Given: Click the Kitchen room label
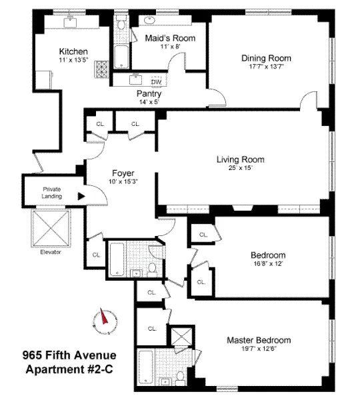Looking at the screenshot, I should [x=73, y=51].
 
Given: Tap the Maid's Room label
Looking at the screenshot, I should [x=170, y=38].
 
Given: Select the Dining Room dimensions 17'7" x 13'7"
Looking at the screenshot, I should [x=266, y=67].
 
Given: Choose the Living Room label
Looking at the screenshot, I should [x=240, y=159].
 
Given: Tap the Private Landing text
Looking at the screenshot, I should [x=52, y=193].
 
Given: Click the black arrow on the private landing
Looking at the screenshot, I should [x=81, y=197].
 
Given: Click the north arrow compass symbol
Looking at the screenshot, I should [x=104, y=318].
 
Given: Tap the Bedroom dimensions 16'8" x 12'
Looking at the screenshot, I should [x=268, y=264].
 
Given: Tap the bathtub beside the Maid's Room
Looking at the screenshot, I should [x=123, y=55].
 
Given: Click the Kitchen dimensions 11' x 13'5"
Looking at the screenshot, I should [x=73, y=60].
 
